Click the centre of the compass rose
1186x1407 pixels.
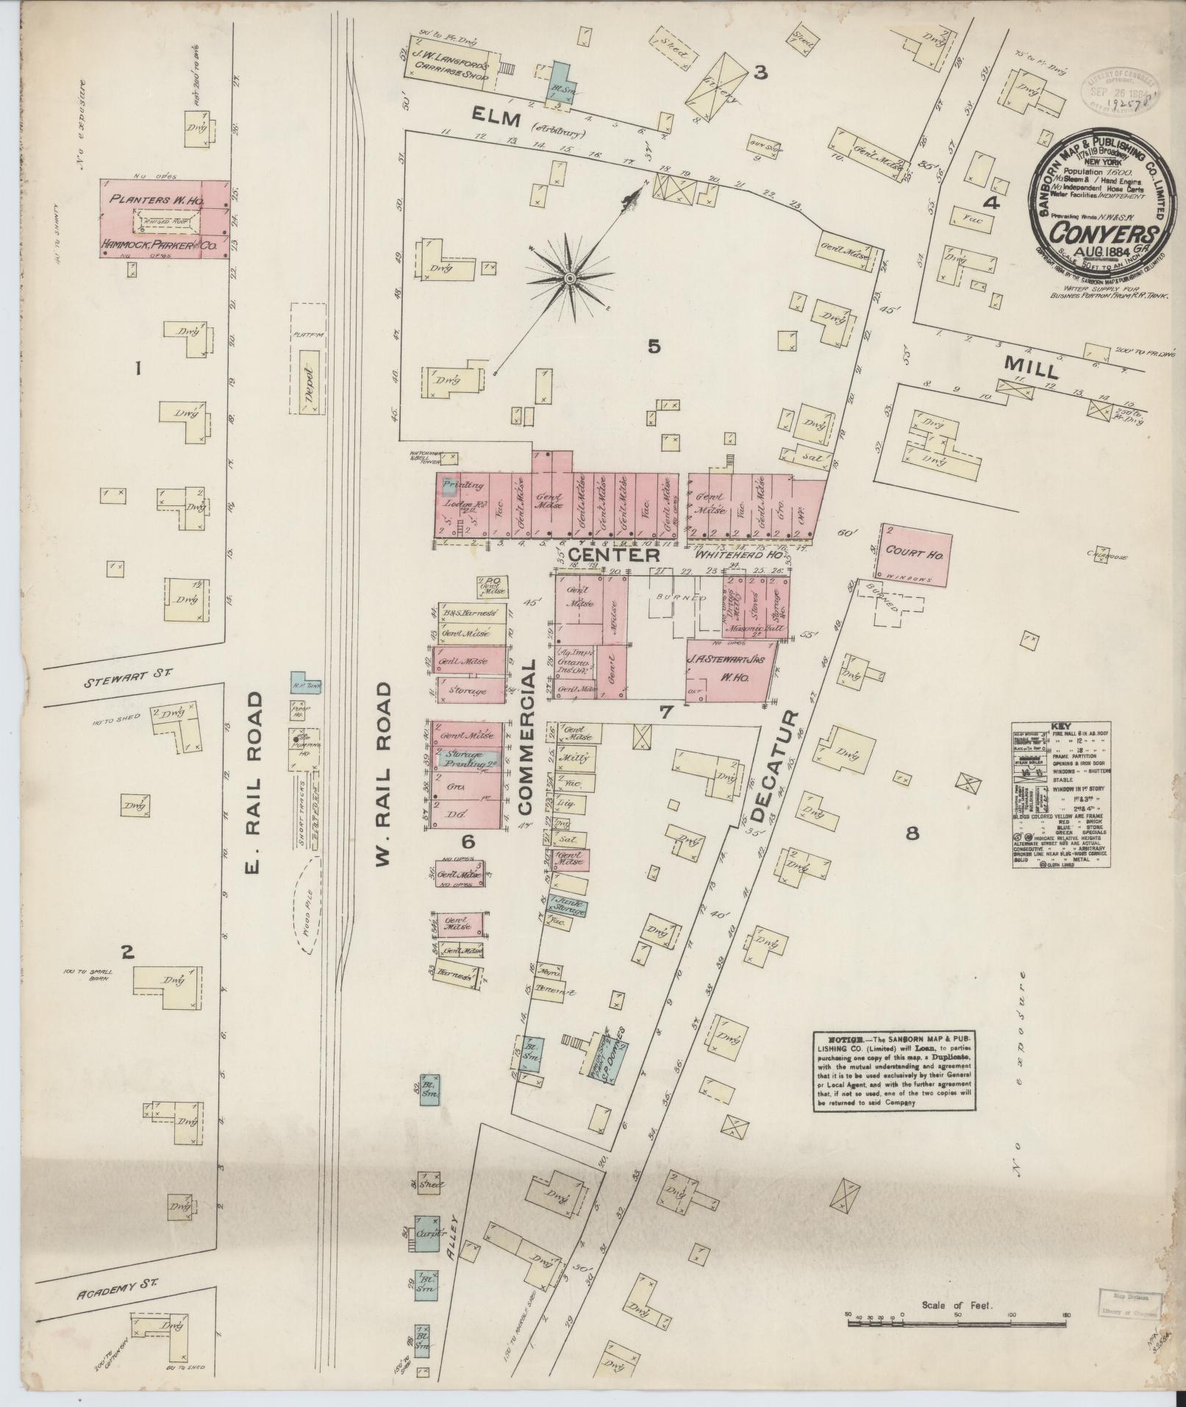point(569,278)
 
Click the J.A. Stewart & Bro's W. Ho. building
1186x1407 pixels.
point(731,669)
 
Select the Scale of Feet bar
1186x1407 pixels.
point(957,1323)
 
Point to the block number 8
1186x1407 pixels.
point(912,833)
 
